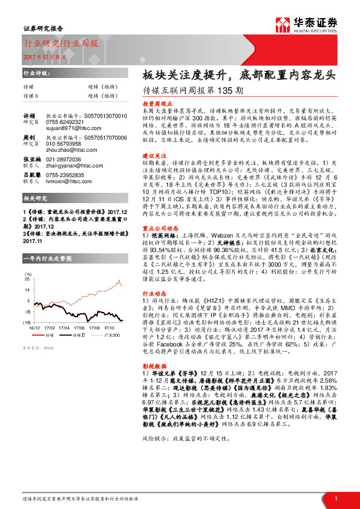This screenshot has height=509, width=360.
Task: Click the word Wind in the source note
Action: tap(48, 348)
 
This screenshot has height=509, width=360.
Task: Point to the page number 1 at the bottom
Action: tap(336, 499)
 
